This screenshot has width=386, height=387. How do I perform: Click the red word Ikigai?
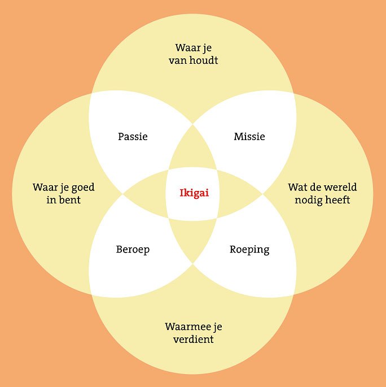click(194, 193)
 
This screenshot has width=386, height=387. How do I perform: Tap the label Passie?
click(133, 137)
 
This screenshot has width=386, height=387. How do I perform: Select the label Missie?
click(249, 137)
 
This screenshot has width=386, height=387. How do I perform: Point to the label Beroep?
click(133, 250)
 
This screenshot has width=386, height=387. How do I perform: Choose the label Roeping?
click(249, 250)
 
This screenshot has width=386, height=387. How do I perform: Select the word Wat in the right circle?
click(297, 188)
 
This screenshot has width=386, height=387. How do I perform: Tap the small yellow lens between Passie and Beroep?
click(146, 193)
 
